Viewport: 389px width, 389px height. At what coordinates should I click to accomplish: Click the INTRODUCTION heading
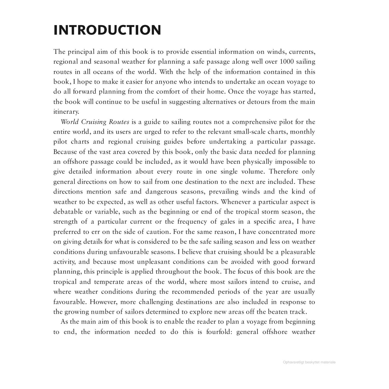coord(107,30)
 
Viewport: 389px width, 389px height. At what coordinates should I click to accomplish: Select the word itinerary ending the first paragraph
coord(66,112)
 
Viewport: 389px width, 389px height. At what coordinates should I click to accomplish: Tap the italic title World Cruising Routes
coord(95,122)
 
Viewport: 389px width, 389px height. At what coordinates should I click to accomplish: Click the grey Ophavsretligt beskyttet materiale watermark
coord(309,362)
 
